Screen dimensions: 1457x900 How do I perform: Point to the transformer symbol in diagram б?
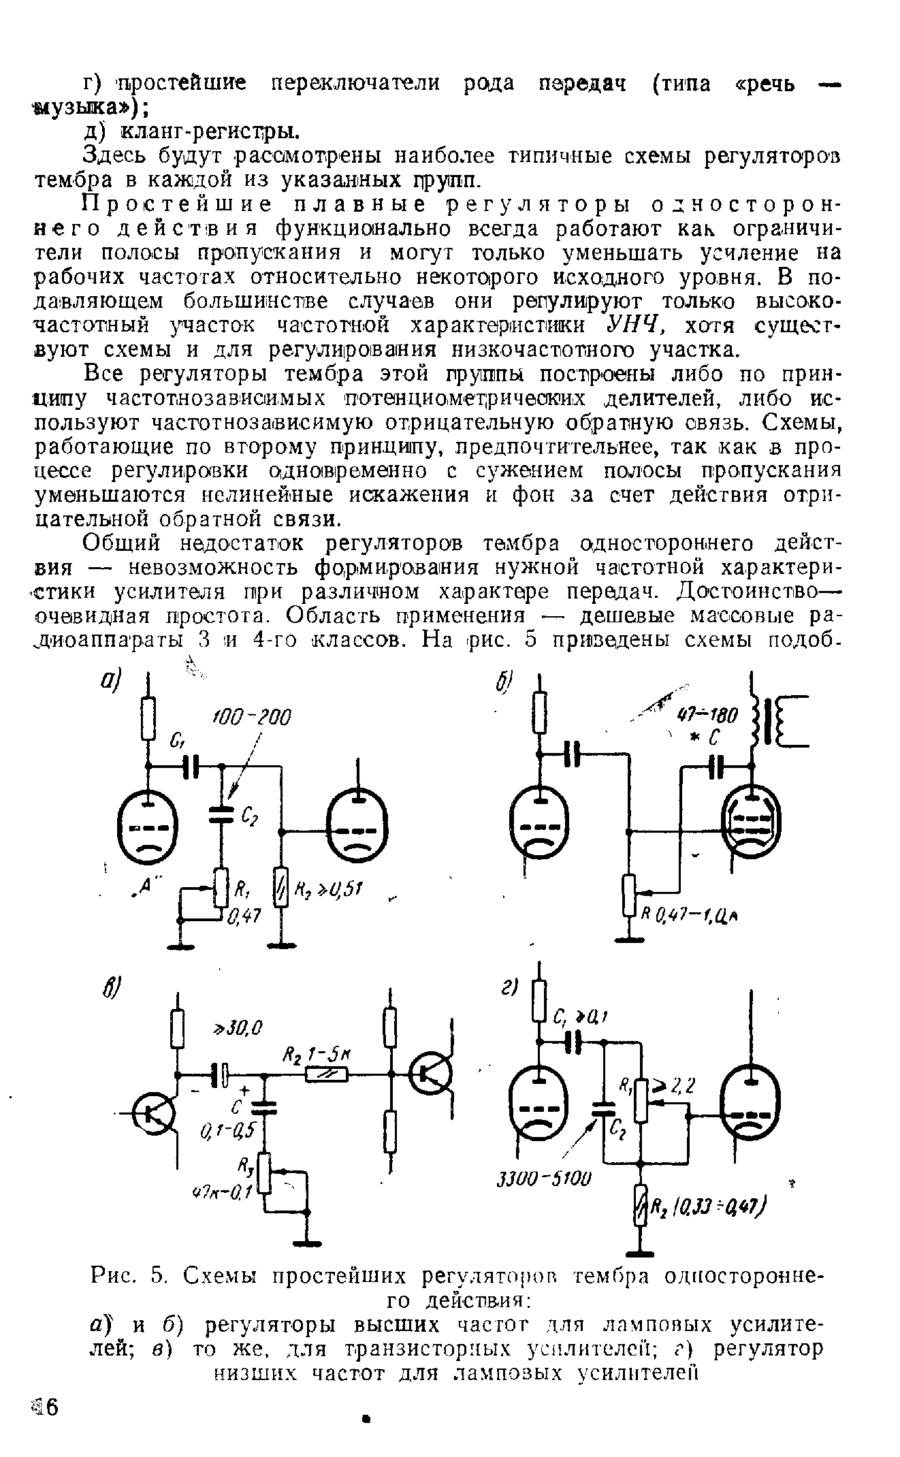[x=777, y=721]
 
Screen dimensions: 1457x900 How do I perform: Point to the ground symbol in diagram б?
[x=628, y=940]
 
